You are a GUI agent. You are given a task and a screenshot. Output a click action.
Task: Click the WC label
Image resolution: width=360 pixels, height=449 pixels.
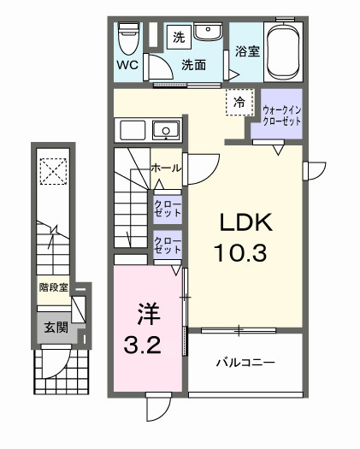tap(127, 65)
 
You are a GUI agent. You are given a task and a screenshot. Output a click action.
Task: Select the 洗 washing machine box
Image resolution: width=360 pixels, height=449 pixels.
tap(179, 37)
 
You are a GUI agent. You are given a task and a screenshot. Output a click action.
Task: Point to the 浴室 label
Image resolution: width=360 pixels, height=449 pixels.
tap(247, 51)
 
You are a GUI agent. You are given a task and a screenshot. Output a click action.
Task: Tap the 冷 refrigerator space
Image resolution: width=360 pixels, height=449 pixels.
tap(240, 102)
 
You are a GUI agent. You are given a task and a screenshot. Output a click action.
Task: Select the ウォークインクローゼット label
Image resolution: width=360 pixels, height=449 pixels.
tap(282, 114)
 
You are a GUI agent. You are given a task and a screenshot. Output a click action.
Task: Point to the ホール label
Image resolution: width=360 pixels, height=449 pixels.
tap(165, 168)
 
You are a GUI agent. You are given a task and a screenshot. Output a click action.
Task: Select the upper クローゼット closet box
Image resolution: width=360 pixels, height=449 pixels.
tap(167, 208)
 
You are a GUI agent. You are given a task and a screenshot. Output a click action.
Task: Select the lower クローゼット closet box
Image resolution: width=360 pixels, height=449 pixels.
tap(167, 246)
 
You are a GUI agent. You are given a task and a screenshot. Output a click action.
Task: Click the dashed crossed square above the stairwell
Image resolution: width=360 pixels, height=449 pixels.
tap(54, 171)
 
